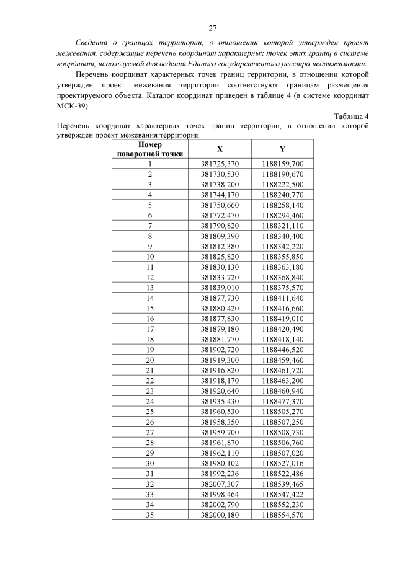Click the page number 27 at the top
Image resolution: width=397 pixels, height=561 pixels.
tap(212, 28)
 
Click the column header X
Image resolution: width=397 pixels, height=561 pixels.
tap(220, 149)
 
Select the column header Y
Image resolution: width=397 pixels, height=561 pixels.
tap(282, 149)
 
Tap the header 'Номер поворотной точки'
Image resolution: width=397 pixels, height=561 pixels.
tap(150, 149)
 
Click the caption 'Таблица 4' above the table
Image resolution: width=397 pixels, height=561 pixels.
tap(351, 117)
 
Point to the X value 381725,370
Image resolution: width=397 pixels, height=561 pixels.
tap(220, 164)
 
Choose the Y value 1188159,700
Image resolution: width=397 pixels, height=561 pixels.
tap(282, 164)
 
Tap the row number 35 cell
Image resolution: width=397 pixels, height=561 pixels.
tap(150, 515)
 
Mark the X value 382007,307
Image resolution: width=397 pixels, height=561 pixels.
tap(220, 484)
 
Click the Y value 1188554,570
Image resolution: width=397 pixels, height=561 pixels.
tap(282, 515)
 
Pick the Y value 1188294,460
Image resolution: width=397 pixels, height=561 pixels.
tap(282, 214)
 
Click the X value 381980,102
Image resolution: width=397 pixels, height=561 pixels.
tap(220, 463)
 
